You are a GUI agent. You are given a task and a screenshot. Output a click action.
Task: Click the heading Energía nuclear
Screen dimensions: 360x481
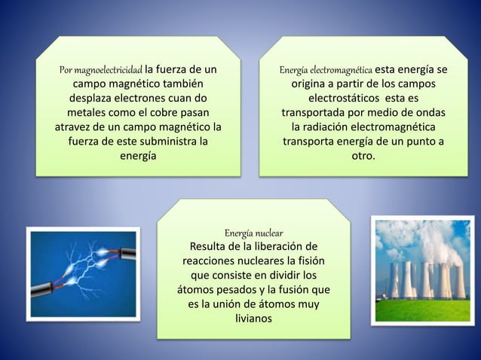click(254, 233)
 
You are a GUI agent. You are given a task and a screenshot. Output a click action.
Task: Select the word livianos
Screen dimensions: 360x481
click(254, 318)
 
